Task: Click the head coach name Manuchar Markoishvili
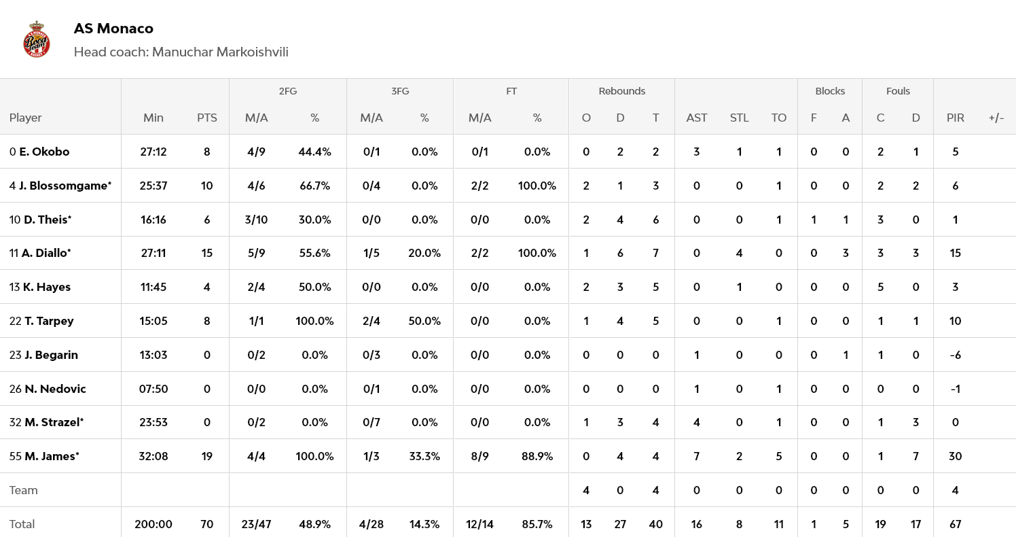[x=220, y=52]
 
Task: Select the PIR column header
[x=955, y=118]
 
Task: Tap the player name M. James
[x=52, y=456]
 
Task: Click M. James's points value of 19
[x=207, y=456]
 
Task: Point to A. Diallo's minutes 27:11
[x=153, y=253]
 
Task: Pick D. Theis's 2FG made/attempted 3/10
[x=256, y=220]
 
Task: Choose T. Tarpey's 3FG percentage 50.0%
[x=424, y=321]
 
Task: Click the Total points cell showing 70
[x=207, y=524]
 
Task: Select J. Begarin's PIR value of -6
[x=955, y=355]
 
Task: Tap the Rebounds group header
[x=621, y=91]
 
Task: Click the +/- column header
[x=996, y=118]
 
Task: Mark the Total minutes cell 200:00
[x=153, y=524]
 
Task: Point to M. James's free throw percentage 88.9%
[x=537, y=456]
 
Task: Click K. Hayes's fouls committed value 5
[x=880, y=287]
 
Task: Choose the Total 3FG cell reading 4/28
[x=371, y=524]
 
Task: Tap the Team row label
[x=24, y=490]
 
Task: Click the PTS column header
[x=207, y=118]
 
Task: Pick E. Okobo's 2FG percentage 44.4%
[x=314, y=152]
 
